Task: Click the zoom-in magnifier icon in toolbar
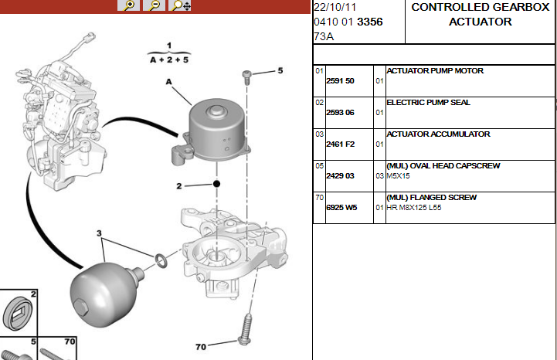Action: [128, 5]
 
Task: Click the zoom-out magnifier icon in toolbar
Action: [155, 5]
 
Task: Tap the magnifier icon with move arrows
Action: [180, 5]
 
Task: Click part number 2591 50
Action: [340, 81]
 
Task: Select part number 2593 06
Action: [340, 113]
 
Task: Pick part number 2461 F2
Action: [341, 144]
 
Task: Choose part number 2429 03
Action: [340, 176]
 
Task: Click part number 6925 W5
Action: [341, 208]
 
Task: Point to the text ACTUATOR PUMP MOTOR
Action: [435, 71]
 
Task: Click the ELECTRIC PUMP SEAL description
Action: [428, 102]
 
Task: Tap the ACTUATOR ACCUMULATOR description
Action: [438, 134]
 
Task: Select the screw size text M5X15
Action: [398, 176]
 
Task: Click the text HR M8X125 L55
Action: [414, 208]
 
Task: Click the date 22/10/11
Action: [335, 7]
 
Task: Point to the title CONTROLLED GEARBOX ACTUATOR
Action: [481, 14]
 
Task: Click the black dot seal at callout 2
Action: [216, 184]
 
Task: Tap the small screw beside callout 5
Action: [246, 77]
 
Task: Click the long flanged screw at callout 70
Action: [246, 329]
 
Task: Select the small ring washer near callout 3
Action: [161, 260]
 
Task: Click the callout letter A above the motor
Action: [168, 82]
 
